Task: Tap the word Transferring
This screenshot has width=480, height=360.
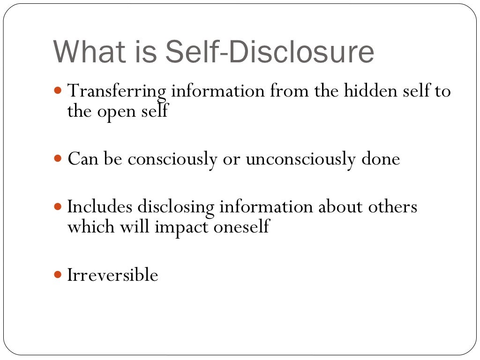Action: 117,90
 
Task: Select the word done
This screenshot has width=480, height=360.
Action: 380,159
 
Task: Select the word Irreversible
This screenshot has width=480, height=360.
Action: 112,275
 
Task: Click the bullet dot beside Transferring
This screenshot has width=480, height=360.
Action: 58,90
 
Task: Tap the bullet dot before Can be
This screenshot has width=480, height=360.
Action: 58,158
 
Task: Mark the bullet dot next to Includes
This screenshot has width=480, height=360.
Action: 58,205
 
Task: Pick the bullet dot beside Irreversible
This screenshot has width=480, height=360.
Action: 58,274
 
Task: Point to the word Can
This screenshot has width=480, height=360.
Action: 82,159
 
